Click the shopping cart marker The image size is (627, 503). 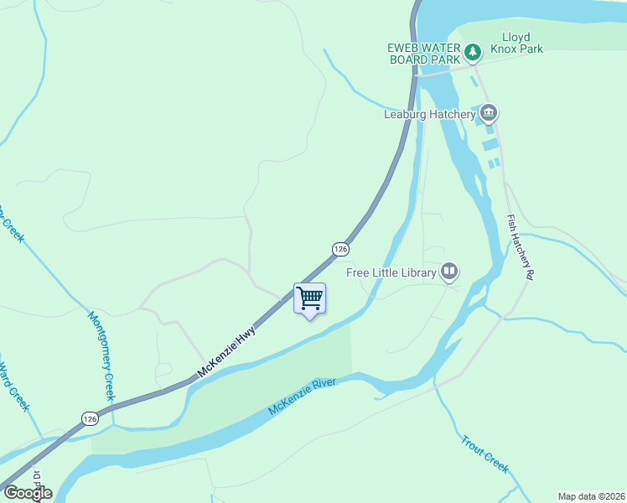(x=309, y=298)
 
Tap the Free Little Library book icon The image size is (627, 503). (x=449, y=272)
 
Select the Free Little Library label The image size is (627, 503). (x=391, y=272)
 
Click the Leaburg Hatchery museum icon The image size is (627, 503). (x=489, y=113)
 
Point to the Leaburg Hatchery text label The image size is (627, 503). (x=429, y=115)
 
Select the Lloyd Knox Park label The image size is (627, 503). (x=522, y=43)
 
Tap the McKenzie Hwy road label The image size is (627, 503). (x=226, y=351)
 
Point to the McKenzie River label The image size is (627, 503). (x=303, y=397)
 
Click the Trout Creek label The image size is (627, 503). (x=484, y=454)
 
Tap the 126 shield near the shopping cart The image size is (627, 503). (x=339, y=249)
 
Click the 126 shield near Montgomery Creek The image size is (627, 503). (x=90, y=417)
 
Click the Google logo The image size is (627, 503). (x=28, y=493)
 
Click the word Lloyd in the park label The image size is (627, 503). (x=517, y=37)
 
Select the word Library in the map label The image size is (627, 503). (x=416, y=272)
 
